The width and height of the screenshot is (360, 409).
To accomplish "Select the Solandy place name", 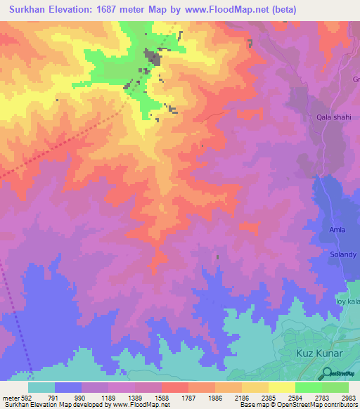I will (x=343, y=254).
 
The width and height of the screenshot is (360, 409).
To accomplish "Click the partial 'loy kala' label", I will (x=349, y=301).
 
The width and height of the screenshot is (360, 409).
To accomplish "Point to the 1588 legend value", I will (x=162, y=398).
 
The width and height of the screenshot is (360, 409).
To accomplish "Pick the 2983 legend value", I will (x=349, y=398).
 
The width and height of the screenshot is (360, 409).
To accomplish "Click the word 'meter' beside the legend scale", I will (x=11, y=398).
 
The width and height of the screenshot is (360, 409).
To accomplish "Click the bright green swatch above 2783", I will (x=309, y=387).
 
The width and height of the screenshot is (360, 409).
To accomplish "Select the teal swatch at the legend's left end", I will (x=41, y=387).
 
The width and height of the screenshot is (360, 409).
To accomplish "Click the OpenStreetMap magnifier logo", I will (x=327, y=373).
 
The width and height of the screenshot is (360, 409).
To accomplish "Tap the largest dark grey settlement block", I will (x=152, y=57).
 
